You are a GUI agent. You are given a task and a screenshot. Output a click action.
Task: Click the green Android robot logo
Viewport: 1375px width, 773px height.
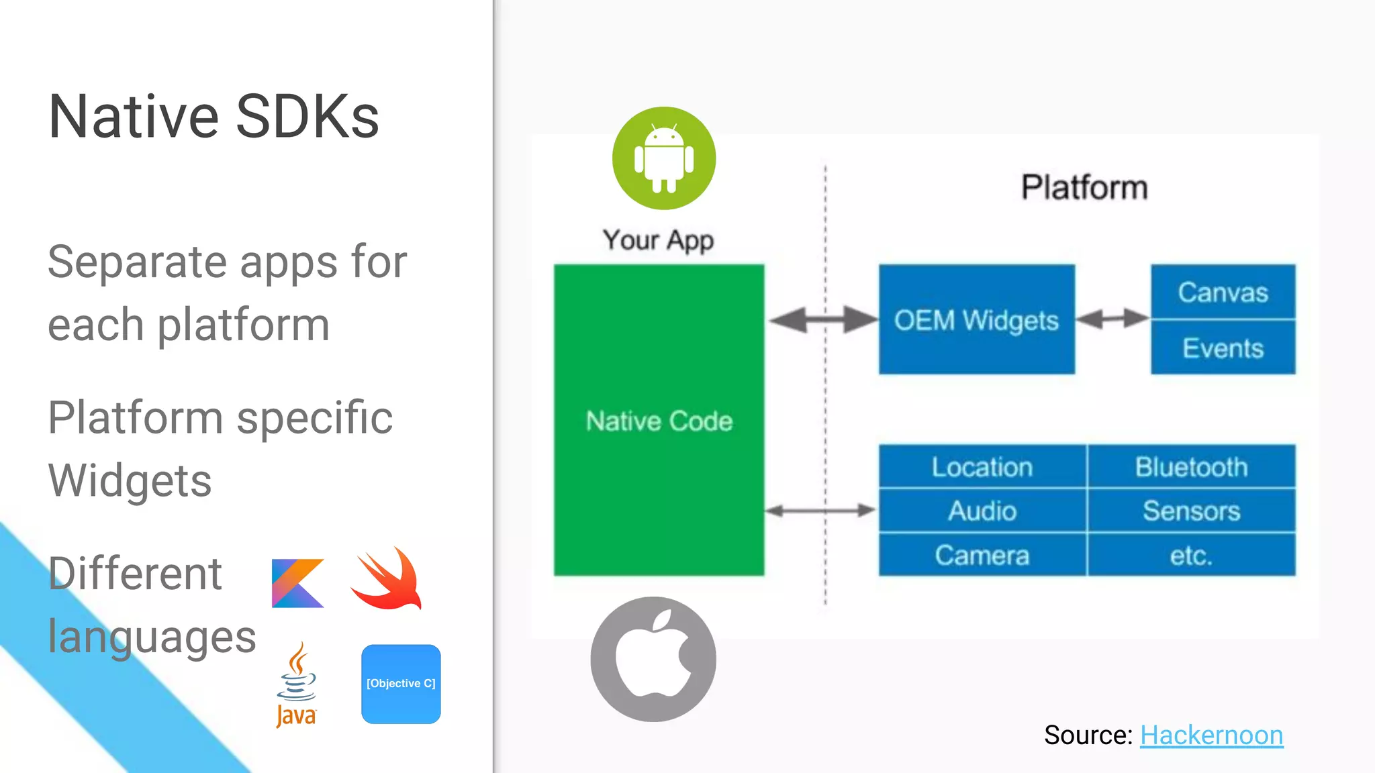click(664, 158)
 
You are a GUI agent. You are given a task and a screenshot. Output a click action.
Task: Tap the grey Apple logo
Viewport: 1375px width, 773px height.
click(653, 659)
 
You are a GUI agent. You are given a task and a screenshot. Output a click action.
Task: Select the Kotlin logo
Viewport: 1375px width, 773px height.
click(297, 583)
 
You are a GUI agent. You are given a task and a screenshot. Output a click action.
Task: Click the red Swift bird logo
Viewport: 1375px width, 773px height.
click(387, 578)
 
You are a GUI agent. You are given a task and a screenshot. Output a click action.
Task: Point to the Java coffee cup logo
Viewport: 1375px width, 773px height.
click(296, 684)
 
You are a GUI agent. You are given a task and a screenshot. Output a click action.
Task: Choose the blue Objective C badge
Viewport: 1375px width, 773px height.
click(401, 684)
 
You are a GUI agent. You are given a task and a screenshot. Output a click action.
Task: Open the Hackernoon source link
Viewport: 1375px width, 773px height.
click(1211, 735)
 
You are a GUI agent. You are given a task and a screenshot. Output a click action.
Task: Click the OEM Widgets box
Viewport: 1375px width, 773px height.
click(976, 319)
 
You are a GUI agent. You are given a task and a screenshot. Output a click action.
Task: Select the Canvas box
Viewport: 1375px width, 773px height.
click(1223, 292)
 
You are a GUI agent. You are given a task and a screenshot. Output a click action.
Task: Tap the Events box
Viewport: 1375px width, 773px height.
click(1223, 348)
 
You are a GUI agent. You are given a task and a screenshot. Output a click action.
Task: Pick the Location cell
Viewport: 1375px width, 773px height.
click(982, 466)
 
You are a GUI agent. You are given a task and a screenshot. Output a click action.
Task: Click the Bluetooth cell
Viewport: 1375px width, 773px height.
click(1191, 466)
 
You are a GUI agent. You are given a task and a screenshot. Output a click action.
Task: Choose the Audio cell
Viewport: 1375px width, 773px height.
click(982, 511)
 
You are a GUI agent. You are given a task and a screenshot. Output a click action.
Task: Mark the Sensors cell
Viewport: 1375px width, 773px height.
click(1191, 511)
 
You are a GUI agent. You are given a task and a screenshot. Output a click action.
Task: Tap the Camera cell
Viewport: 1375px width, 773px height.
click(982, 555)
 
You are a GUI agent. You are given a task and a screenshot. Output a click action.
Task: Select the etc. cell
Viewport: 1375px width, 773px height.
click(1191, 555)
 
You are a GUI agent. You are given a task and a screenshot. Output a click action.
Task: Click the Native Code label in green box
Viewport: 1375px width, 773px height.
click(659, 421)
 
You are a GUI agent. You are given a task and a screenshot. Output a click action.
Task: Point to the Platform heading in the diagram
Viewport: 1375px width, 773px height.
click(1084, 187)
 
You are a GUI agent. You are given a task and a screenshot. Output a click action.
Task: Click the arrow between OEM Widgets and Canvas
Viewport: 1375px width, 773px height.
click(1112, 319)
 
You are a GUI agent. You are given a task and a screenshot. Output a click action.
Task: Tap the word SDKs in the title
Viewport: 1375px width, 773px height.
click(307, 117)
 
